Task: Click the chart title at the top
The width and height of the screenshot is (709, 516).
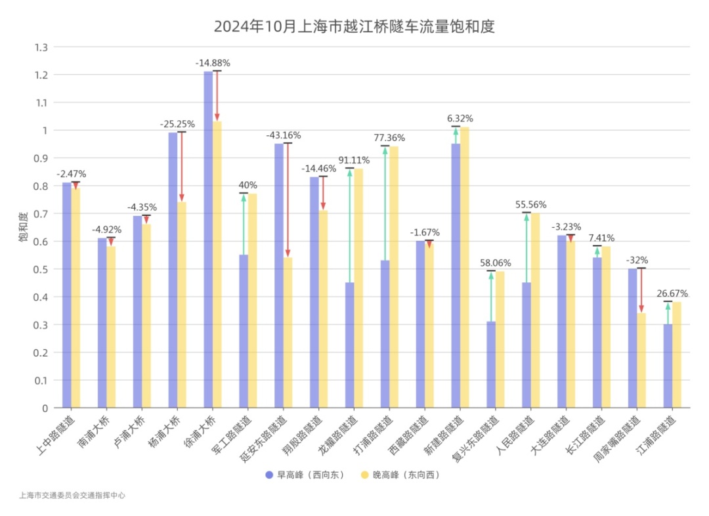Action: tap(354, 27)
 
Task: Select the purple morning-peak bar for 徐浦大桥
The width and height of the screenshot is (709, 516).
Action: tap(208, 240)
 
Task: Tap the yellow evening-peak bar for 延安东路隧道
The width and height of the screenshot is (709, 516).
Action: tap(288, 332)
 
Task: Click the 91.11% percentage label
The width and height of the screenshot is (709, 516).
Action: tap(354, 160)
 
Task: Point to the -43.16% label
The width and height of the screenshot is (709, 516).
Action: tap(283, 135)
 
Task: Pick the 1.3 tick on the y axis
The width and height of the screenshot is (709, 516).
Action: tap(41, 47)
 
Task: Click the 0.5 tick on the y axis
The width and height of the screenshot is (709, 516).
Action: tap(41, 269)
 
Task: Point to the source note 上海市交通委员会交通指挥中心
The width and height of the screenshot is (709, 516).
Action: tap(72, 496)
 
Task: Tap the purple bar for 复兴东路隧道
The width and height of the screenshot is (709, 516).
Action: tap(491, 364)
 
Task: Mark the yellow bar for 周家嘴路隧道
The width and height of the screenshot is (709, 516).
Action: tap(641, 360)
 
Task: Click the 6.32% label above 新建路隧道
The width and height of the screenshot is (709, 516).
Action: tap(460, 119)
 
